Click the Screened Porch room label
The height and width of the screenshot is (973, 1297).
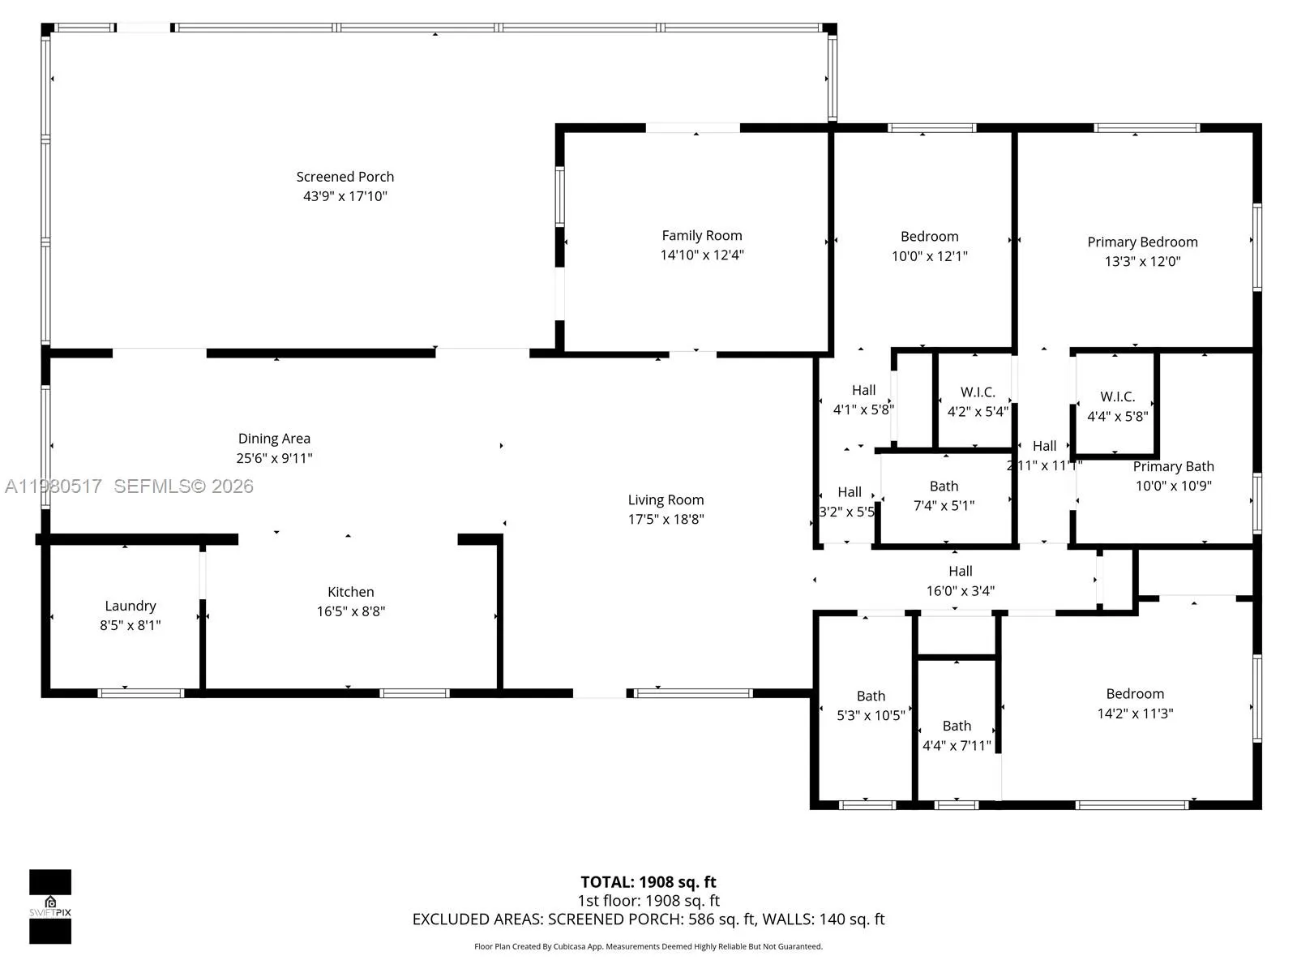pos(345,177)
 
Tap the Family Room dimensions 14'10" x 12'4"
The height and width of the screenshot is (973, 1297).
pos(701,255)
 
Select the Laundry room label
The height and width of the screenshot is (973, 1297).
pos(130,606)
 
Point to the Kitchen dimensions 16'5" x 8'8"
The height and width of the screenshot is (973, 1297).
pos(350,611)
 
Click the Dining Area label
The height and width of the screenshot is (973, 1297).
pos(274,439)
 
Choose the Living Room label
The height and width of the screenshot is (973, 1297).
pos(666,500)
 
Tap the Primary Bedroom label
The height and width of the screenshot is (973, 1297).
pos(1142,242)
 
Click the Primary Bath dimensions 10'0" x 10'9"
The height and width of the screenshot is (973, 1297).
pos(1173,486)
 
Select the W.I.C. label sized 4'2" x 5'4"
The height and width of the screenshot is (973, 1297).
pos(978,392)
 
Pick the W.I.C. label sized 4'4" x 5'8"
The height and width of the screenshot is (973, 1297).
pos(1117,396)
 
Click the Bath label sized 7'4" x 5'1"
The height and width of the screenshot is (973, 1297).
pos(944,486)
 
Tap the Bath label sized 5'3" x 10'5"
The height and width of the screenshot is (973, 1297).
pos(871,696)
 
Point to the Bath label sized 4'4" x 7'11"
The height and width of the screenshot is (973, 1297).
pos(957,726)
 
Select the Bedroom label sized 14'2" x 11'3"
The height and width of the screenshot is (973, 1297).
pos(1135,694)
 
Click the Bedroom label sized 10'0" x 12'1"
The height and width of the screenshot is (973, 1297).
pos(929,237)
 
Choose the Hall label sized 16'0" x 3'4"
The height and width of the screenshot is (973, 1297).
pos(961,572)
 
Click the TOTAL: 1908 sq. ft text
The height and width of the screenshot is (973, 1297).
pos(648,882)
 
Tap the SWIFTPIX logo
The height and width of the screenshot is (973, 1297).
pos(50,907)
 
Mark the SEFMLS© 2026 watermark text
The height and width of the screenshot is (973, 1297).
pos(183,486)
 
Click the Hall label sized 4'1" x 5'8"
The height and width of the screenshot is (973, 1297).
pos(863,390)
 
